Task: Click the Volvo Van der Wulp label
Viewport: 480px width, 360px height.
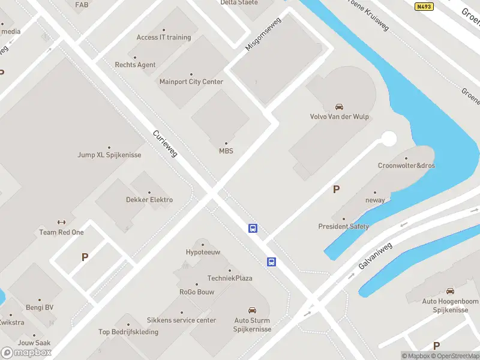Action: click(339, 117)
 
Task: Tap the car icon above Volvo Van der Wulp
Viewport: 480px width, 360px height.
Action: click(340, 107)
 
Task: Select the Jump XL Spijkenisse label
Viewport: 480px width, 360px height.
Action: click(109, 155)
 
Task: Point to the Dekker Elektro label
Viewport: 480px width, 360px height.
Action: click(149, 200)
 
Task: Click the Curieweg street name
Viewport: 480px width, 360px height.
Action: click(165, 145)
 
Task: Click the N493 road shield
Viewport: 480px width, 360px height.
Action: click(424, 7)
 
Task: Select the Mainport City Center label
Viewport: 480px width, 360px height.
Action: click(191, 82)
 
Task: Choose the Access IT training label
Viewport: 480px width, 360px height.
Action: click(164, 37)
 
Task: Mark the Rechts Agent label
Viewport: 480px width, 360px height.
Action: click(135, 65)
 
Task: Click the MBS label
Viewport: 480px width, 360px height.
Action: click(226, 151)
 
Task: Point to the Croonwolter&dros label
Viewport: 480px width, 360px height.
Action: click(406, 166)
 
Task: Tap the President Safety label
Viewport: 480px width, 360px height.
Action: click(344, 227)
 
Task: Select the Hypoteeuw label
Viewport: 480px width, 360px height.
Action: click(203, 252)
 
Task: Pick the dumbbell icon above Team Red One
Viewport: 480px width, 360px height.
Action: click(61, 222)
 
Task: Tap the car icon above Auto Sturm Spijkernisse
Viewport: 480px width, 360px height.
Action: click(253, 311)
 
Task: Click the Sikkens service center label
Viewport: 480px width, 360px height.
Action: click(181, 320)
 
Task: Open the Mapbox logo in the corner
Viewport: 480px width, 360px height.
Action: click(26, 352)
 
